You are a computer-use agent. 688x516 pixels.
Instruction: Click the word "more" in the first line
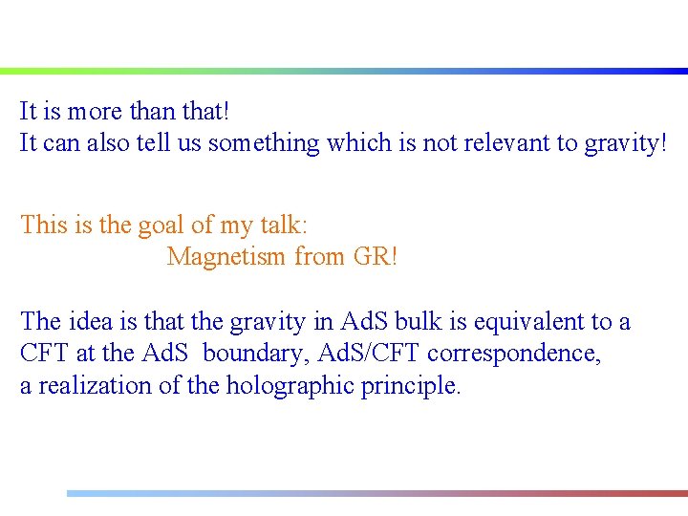[x=94, y=112]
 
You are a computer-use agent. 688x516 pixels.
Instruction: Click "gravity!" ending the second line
[x=622, y=144]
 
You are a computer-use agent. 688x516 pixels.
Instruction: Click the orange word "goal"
[x=164, y=226]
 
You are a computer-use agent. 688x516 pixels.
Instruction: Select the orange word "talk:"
[x=283, y=226]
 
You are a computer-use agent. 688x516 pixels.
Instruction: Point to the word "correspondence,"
[x=515, y=354]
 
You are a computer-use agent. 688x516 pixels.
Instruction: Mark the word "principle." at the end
[x=411, y=386]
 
